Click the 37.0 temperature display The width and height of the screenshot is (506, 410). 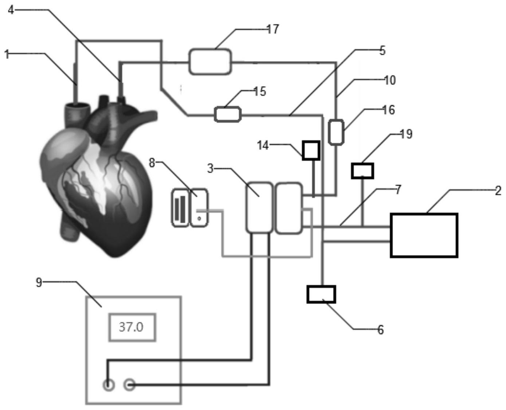click(132, 327)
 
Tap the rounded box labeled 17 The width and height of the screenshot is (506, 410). click(210, 62)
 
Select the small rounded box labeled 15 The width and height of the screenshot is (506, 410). click(227, 114)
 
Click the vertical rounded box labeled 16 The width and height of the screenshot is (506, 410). click(336, 132)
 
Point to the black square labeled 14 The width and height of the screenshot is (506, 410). click(311, 150)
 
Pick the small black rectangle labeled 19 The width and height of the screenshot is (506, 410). click(362, 171)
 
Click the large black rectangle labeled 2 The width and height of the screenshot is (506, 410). click(424, 235)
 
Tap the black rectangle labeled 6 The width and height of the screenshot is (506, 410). click(321, 294)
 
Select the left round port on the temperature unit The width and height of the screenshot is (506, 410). click(109, 385)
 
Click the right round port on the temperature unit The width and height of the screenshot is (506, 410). click(130, 385)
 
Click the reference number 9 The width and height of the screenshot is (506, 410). click(39, 282)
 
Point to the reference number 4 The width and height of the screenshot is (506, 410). click(11, 10)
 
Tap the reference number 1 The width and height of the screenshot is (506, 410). click(6, 54)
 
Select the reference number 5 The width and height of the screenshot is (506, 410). click(382, 50)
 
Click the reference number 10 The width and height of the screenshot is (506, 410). click(389, 80)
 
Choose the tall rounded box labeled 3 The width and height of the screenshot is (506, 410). click(259, 207)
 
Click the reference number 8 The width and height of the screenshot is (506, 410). click(152, 163)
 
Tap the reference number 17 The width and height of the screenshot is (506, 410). click(272, 29)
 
